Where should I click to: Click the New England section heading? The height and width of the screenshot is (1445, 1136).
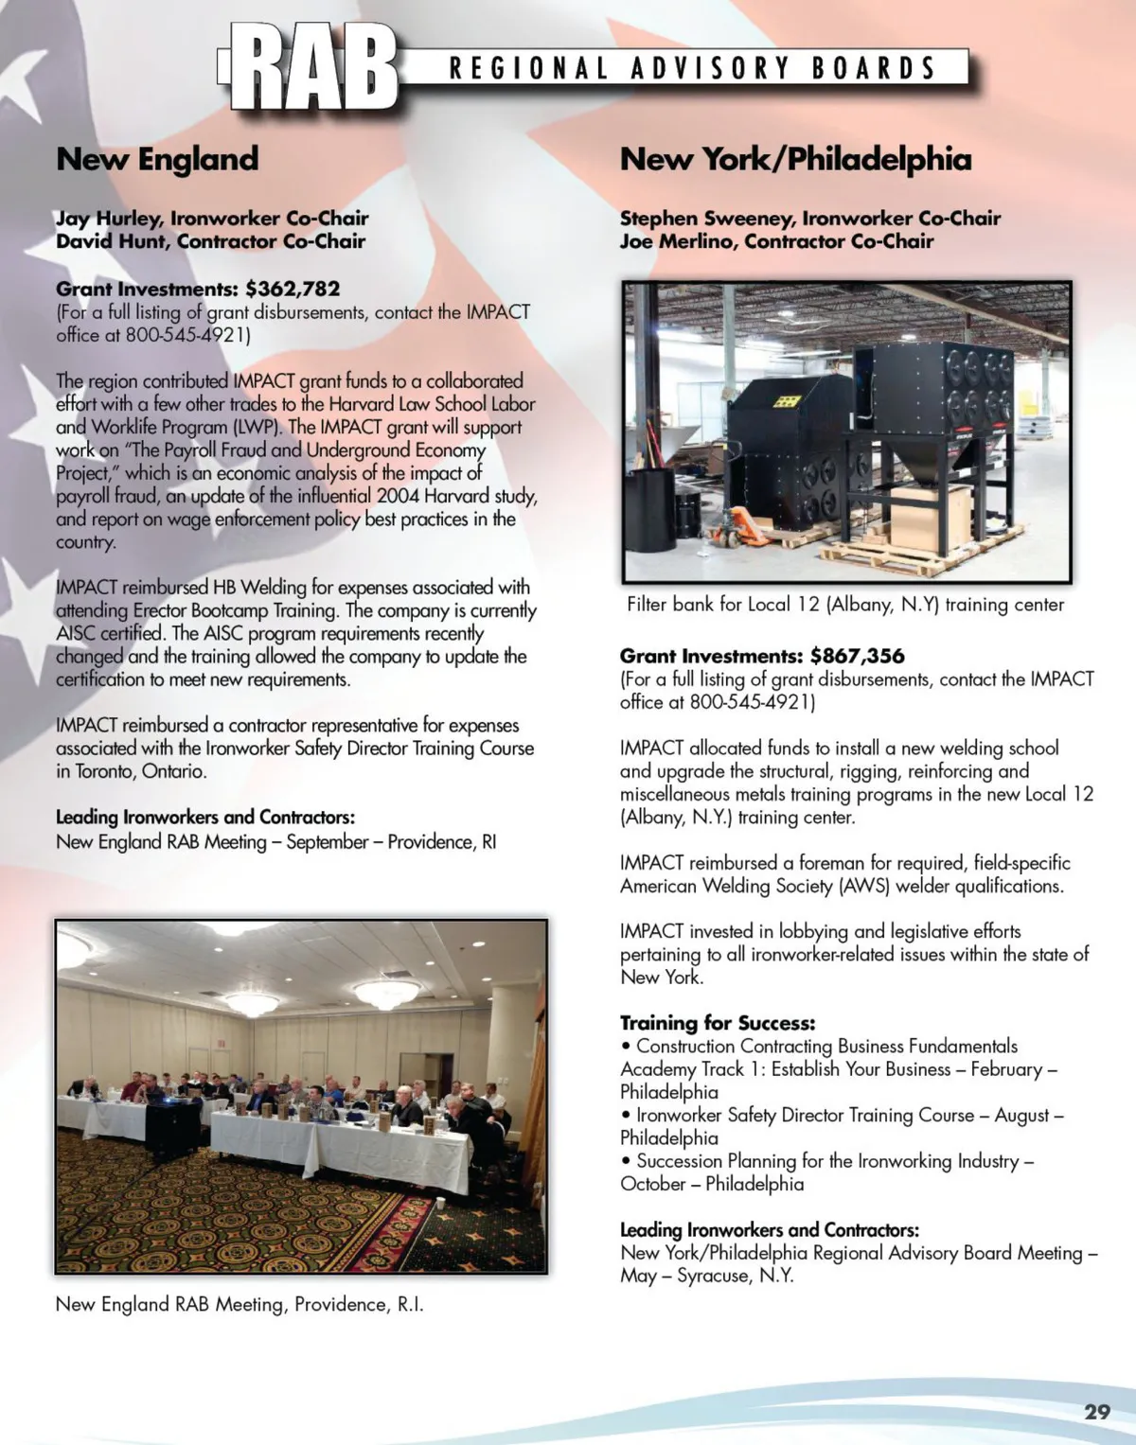coord(157,159)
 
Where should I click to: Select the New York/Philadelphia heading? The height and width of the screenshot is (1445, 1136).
coord(795,159)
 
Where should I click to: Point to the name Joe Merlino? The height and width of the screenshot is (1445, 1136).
coord(678,241)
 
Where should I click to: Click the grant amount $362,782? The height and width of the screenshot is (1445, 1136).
coord(292,289)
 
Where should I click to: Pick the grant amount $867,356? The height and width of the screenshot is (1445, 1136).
coord(857,656)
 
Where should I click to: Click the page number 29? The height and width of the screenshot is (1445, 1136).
coord(1096,1412)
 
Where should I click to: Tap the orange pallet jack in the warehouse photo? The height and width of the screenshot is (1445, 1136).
coord(743,530)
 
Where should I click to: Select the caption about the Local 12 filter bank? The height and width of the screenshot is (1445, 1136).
coord(844,605)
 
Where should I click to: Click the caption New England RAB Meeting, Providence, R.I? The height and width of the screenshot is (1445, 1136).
coord(240,1304)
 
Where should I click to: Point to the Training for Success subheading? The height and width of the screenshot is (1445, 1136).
coord(717,1023)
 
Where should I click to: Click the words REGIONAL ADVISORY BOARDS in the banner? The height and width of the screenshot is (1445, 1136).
coord(692,68)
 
